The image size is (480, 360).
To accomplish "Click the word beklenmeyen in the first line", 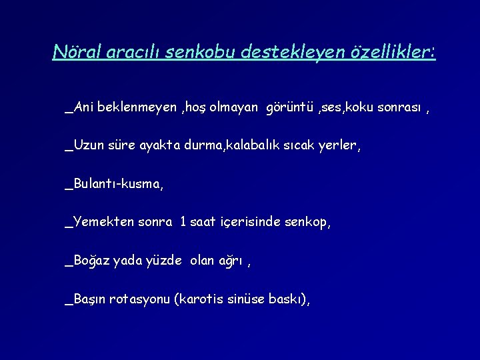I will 136,107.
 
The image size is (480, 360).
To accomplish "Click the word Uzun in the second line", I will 88,145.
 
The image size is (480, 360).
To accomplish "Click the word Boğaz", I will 91,261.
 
